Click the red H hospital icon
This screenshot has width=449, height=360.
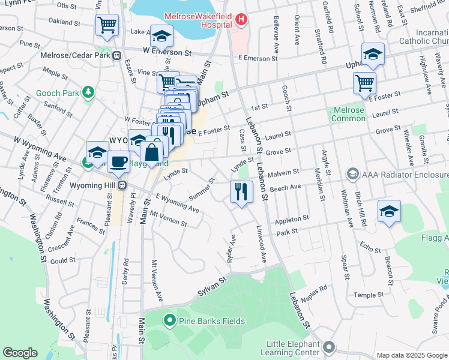[x=241, y=20]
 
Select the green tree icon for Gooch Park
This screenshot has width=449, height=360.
[x=88, y=92]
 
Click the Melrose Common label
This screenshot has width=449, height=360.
[x=348, y=114]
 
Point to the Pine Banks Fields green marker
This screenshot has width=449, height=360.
[x=170, y=321]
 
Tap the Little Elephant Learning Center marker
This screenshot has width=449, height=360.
[x=329, y=346]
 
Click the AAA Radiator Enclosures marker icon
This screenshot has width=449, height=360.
[x=352, y=175]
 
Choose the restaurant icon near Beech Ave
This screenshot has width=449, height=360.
[x=241, y=192]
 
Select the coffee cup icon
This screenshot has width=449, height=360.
[x=118, y=161]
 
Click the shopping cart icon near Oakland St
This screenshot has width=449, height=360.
[x=107, y=25]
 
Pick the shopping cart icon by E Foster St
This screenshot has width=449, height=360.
[x=364, y=83]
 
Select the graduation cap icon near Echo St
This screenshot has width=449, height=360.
[x=389, y=212]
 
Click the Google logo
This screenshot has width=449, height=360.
[x=20, y=352]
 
